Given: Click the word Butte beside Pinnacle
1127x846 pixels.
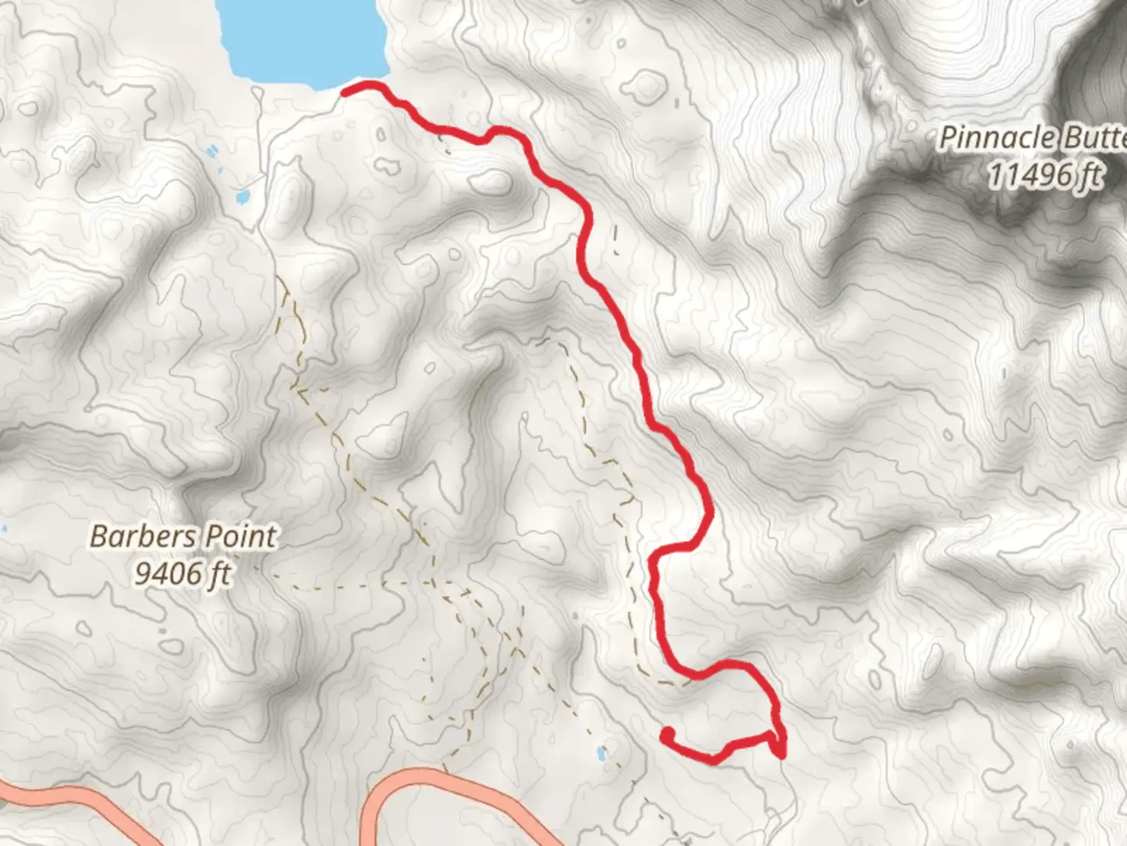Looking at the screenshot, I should click(x=1093, y=139).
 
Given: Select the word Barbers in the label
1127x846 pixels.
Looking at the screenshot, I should click(x=143, y=537).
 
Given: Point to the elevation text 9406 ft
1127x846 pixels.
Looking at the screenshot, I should click(x=183, y=574).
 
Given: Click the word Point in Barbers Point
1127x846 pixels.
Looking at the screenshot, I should click(x=243, y=537).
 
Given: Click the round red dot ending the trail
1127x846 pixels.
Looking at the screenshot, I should click(x=668, y=735).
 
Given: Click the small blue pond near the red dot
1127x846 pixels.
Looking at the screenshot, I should click(x=601, y=754).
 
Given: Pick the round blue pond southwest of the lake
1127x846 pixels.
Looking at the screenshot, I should click(x=243, y=196).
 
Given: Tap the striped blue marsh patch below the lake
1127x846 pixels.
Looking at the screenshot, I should click(x=212, y=150).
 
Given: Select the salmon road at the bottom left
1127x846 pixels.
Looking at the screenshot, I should click(x=78, y=799).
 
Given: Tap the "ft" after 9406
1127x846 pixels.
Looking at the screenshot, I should click(x=220, y=574).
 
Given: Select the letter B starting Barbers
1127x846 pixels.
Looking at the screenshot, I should click(x=99, y=537).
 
